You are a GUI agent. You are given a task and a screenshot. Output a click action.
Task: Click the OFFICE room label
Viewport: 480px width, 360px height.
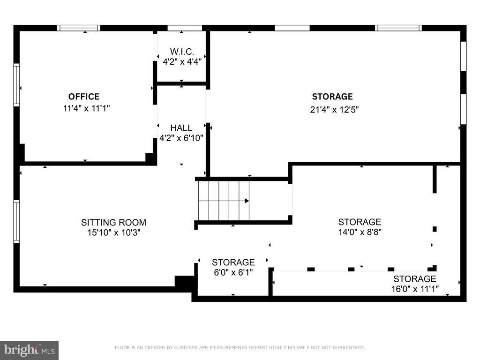click(84, 97)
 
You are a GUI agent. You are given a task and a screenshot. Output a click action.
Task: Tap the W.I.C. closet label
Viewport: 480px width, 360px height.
click(182, 52)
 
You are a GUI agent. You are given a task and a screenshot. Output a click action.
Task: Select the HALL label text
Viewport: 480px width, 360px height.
click(181, 127)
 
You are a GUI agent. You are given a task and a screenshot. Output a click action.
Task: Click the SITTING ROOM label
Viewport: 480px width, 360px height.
click(113, 222)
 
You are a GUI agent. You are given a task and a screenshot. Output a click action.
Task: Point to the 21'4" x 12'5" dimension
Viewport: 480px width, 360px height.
click(334, 110)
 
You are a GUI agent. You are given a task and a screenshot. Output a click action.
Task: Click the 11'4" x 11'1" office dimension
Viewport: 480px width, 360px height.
click(86, 108)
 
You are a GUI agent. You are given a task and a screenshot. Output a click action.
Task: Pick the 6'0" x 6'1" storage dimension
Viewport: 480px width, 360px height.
click(233, 272)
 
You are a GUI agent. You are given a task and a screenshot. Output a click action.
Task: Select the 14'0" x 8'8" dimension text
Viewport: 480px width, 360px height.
click(360, 232)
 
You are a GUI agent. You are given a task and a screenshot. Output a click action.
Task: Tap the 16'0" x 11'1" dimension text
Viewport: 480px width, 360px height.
click(415, 289)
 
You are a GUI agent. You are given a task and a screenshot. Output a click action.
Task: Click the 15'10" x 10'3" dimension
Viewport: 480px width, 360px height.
click(113, 232)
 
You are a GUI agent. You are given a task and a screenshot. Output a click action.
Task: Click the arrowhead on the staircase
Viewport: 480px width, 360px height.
click(247, 201)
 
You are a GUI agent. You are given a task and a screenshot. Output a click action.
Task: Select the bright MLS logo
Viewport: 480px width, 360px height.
click(30, 350)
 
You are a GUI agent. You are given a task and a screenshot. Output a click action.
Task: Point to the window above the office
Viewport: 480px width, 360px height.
click(79, 28)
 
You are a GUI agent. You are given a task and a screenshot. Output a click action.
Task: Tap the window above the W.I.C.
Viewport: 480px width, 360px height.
click(185, 28)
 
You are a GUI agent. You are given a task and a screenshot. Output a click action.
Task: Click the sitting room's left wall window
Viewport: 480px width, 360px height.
click(16, 222)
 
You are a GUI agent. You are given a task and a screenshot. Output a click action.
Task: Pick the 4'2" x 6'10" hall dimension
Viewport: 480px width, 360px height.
click(181, 138)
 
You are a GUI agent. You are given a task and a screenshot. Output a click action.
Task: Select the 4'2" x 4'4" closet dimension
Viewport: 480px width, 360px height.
click(182, 62)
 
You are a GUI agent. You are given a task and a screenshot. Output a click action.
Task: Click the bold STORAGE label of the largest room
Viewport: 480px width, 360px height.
click(332, 97)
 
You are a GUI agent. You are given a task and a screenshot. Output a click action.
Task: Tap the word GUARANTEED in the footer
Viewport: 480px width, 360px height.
click(349, 347)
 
